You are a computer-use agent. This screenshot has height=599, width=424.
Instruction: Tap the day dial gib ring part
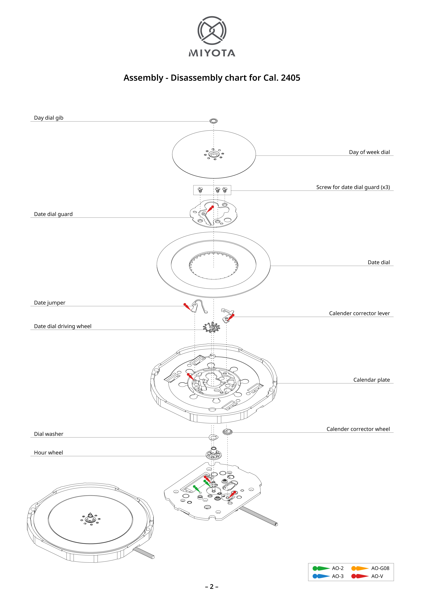click(214, 121)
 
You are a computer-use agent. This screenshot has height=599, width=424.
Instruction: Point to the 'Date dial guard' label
click(53, 214)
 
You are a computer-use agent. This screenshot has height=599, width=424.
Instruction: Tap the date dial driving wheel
click(211, 327)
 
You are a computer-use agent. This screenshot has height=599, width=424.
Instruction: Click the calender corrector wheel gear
click(227, 432)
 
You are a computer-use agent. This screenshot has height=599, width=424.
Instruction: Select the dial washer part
click(214, 437)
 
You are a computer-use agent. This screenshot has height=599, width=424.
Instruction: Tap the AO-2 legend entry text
click(338, 568)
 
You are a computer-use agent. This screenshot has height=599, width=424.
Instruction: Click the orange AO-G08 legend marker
click(360, 568)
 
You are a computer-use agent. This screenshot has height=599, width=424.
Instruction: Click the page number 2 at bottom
click(212, 587)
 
